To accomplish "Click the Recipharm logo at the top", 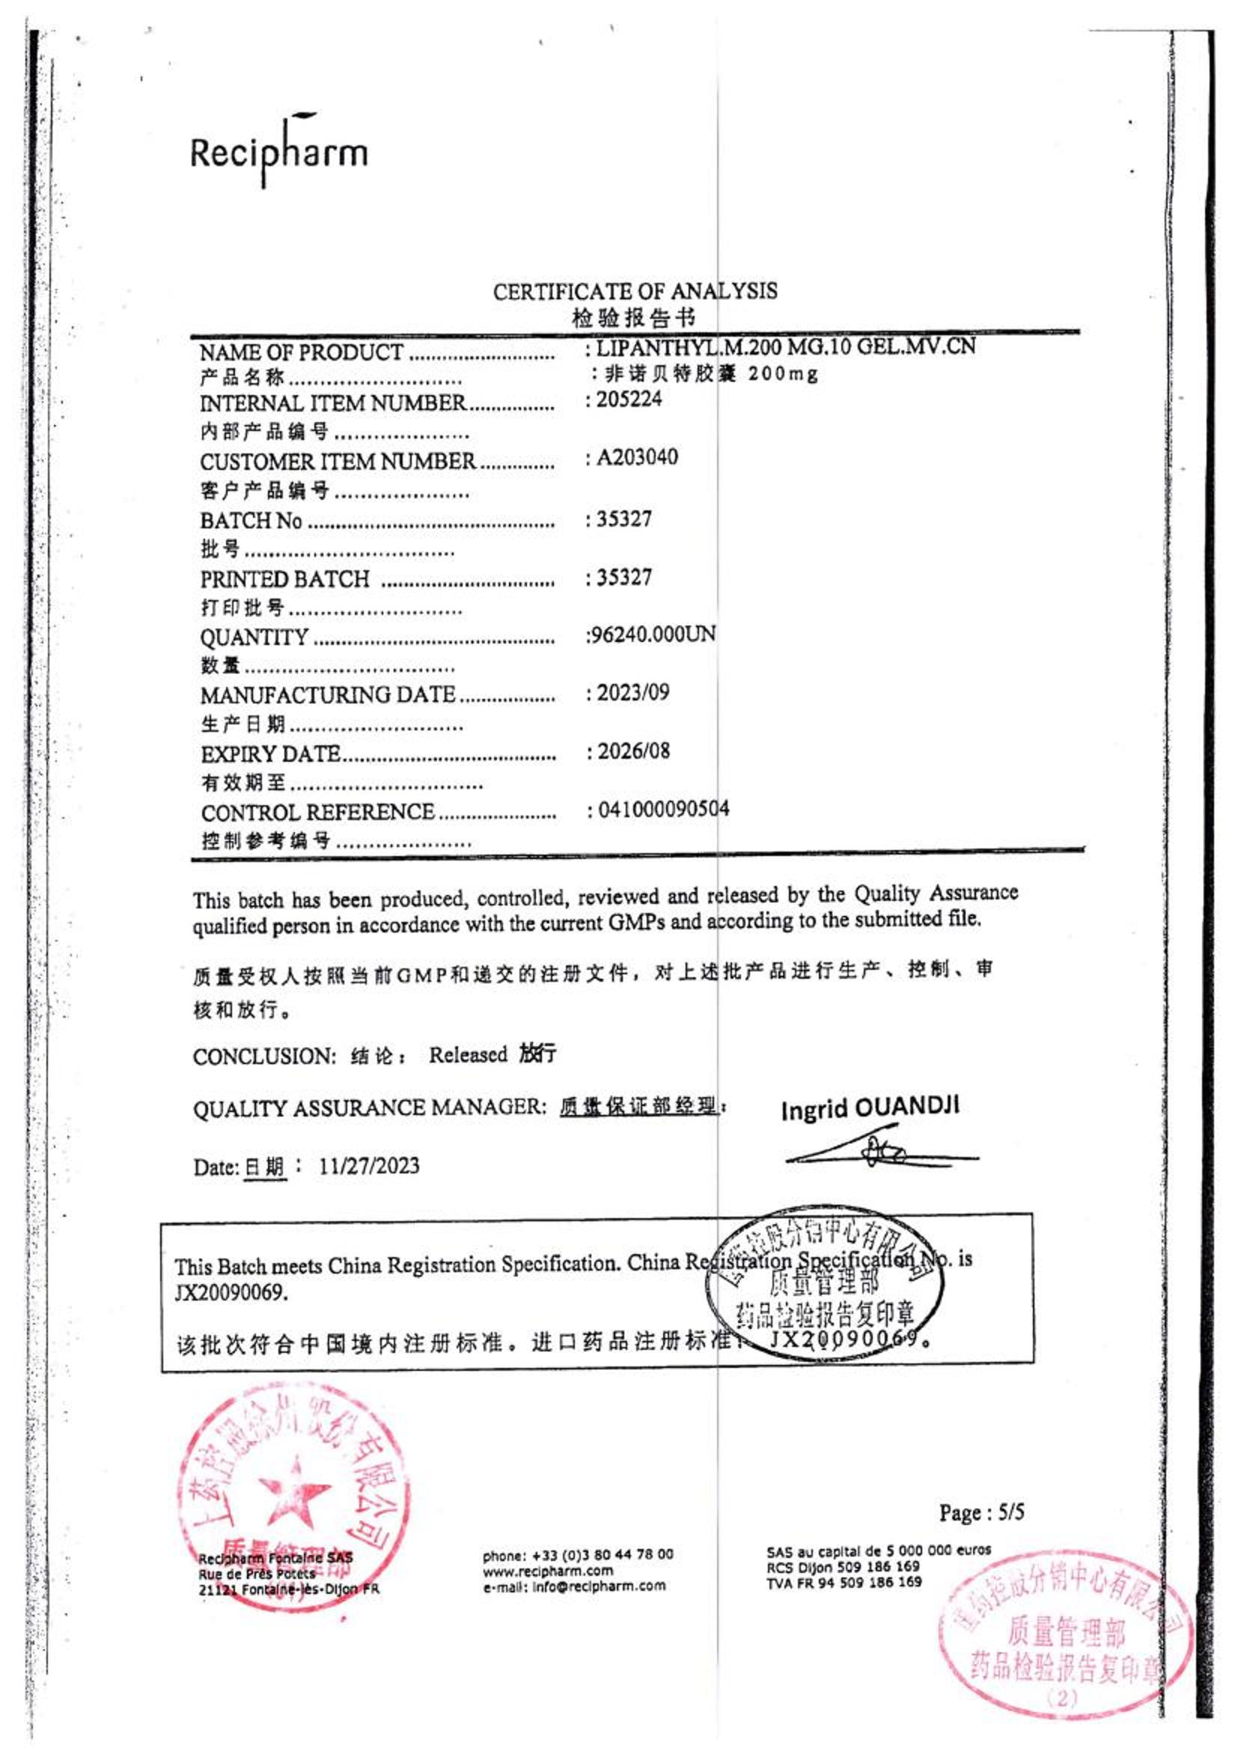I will (x=279, y=152).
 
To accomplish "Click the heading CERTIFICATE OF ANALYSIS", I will (x=634, y=292).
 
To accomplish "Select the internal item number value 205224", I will (x=628, y=400).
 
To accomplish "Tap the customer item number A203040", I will (x=636, y=458).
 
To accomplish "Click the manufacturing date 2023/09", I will (x=632, y=693).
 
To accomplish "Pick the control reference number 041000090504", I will (x=662, y=809).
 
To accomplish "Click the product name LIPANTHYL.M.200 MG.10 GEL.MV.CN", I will (x=785, y=348).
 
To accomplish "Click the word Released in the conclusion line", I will (x=468, y=1055).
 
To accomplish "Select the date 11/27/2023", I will (x=369, y=1166).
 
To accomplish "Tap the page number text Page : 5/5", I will (x=981, y=1513).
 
